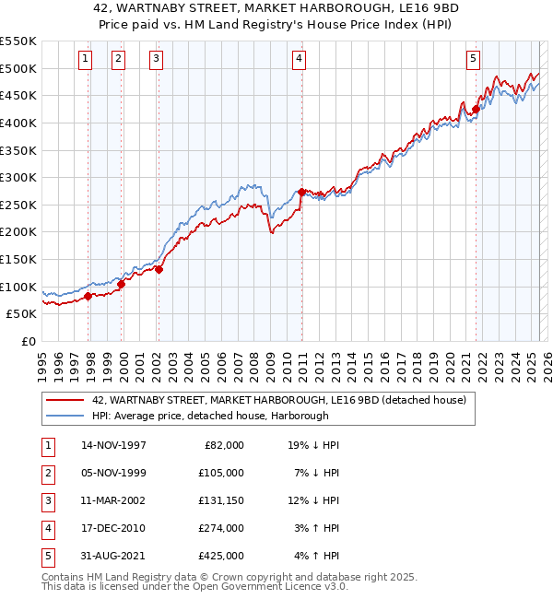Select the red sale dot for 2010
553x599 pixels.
coord(301,192)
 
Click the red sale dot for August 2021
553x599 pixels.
coord(476,109)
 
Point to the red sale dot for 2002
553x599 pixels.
coord(159,269)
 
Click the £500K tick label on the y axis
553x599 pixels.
coord(18,68)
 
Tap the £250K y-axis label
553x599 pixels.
coord(18,205)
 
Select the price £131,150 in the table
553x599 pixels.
coord(221,500)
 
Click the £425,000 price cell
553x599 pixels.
coord(221,556)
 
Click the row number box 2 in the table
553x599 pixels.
coord(46,473)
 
